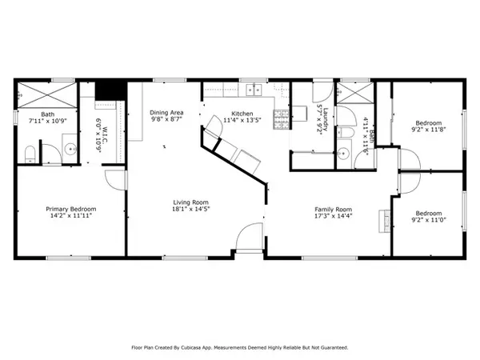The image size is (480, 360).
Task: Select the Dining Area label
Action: pos(167,113)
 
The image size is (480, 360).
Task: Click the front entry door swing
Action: pos(248,238)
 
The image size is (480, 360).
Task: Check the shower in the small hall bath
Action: pos(354,94)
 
